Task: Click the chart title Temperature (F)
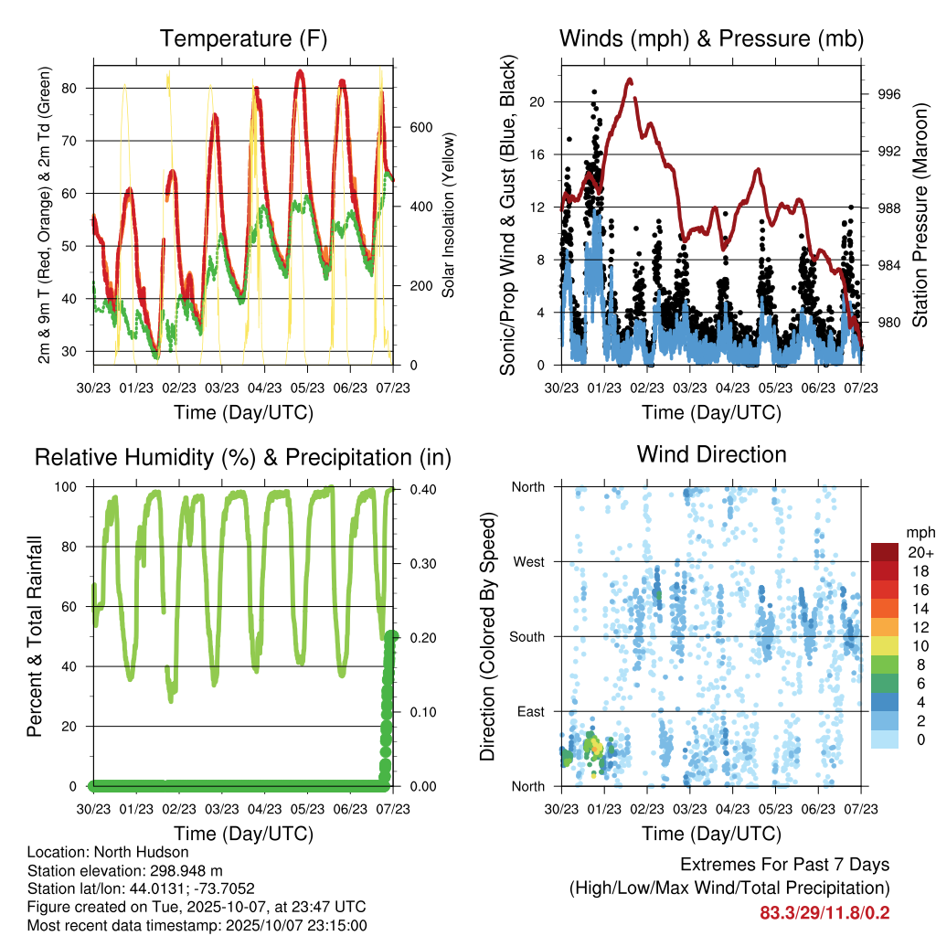pos(243,39)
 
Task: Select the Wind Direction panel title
pos(711,454)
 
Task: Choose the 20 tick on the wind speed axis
pos(538,102)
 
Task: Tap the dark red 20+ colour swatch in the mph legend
pos(884,552)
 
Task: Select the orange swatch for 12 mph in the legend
pos(884,627)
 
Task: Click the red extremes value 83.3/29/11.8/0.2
pos(824,913)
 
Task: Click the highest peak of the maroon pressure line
pos(630,80)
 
